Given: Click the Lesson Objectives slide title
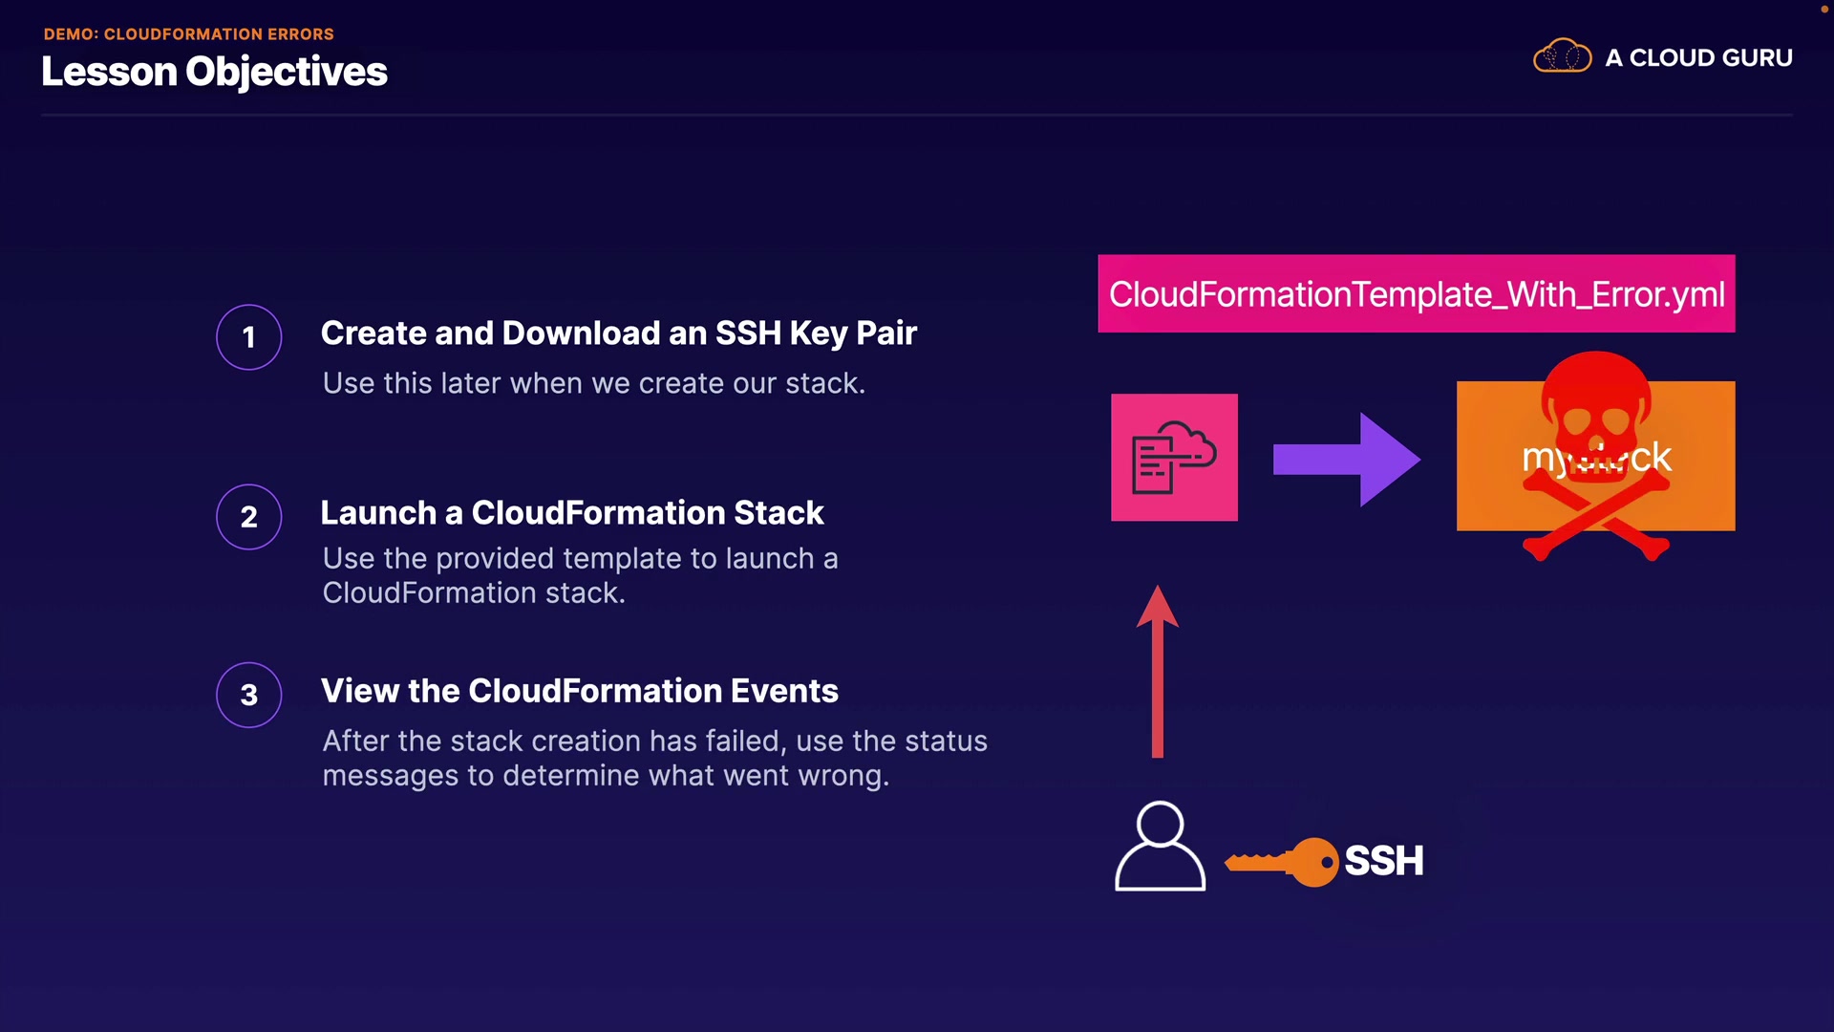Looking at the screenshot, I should click(x=214, y=72).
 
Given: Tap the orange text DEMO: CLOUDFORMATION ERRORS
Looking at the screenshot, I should click(x=188, y=33).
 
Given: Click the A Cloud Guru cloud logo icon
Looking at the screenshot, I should click(x=1562, y=56).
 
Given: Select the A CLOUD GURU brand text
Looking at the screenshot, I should click(x=1698, y=58).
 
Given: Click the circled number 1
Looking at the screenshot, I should click(x=248, y=337).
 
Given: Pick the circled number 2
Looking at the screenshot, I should click(x=248, y=517).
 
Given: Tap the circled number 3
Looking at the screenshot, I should click(x=248, y=695).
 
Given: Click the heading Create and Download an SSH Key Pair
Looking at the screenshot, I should click(x=618, y=333).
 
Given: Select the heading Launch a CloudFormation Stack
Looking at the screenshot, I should click(x=571, y=512).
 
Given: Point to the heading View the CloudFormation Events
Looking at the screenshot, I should click(x=579, y=691).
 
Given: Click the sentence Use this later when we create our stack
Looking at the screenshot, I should click(x=593, y=383).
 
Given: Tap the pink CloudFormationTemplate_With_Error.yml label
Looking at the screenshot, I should click(x=1416, y=294).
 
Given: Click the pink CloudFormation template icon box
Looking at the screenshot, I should click(x=1174, y=457).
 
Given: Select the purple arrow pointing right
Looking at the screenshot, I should click(x=1346, y=460).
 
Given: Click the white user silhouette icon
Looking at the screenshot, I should click(x=1160, y=848).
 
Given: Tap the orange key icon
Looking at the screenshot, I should click(x=1284, y=862).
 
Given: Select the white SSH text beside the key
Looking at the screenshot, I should click(x=1383, y=861).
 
